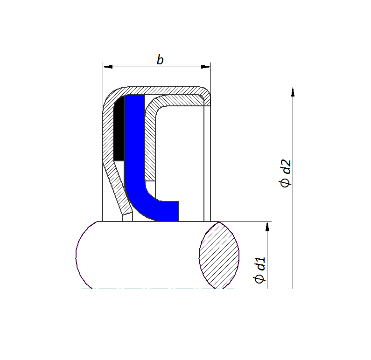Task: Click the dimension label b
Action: tap(160, 60)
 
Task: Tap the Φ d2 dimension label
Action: tap(285, 174)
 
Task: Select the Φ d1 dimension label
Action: tap(260, 270)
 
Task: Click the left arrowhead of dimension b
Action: tap(108, 67)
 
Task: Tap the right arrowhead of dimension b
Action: tap(206, 67)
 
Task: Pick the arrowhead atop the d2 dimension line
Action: tap(293, 92)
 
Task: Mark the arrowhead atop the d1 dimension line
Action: tap(267, 227)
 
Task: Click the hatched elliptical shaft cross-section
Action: tap(219, 255)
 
